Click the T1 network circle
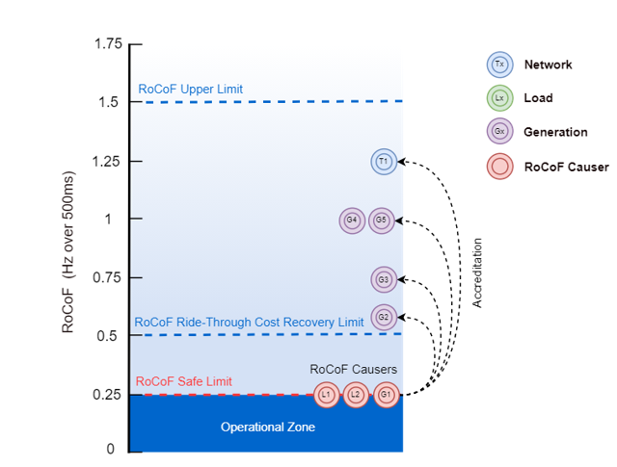click(x=384, y=162)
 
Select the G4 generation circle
click(x=353, y=221)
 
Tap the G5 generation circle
click(x=382, y=221)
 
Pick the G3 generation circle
click(x=384, y=280)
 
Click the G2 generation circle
click(x=384, y=317)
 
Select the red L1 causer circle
click(x=327, y=394)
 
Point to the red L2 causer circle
click(x=356, y=394)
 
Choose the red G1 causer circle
click(x=386, y=394)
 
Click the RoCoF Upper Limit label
click(x=190, y=90)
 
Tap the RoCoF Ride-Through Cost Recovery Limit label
click(x=249, y=322)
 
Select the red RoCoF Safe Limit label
click(x=183, y=381)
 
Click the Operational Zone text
click(x=267, y=427)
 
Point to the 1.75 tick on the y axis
click(x=108, y=44)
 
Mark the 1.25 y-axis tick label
click(x=108, y=161)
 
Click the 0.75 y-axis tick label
click(x=108, y=278)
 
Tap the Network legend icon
click(x=498, y=65)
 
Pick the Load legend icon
click(x=498, y=98)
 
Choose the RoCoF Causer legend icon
click(x=498, y=167)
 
